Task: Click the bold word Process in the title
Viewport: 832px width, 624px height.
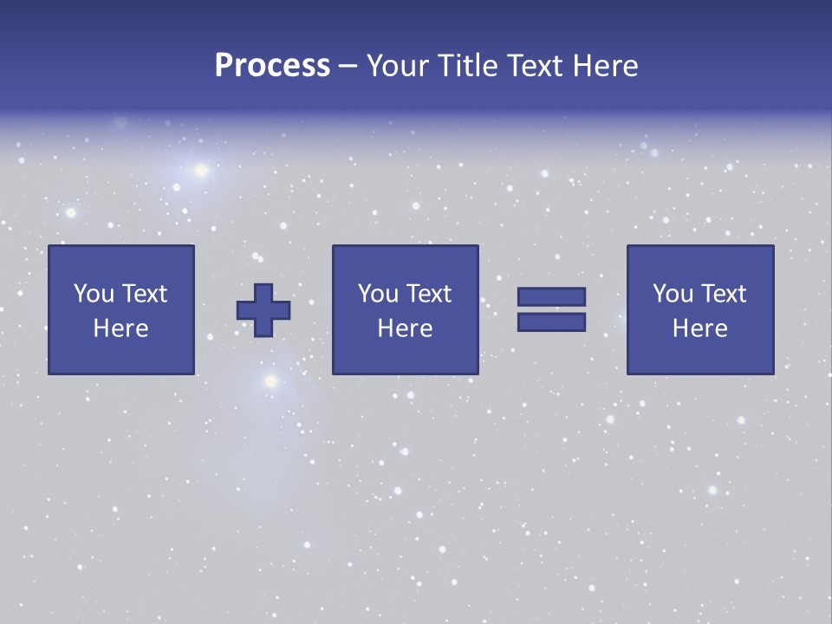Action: click(272, 66)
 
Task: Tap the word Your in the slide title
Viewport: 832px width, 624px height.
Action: click(393, 66)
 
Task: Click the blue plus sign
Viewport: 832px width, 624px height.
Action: click(263, 310)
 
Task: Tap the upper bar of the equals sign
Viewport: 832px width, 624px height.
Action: click(551, 296)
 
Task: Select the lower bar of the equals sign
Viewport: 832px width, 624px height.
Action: click(551, 322)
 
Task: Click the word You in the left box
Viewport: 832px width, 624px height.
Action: click(94, 294)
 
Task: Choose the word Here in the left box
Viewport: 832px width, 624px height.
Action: click(120, 328)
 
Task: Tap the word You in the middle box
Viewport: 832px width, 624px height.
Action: click(378, 294)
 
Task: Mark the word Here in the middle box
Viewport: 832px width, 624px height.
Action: click(405, 328)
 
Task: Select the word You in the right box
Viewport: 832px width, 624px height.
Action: click(673, 294)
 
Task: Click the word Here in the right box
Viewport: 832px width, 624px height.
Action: click(699, 328)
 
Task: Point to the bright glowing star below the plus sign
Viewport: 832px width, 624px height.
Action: click(270, 380)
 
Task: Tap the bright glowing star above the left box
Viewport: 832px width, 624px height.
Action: click(201, 170)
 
